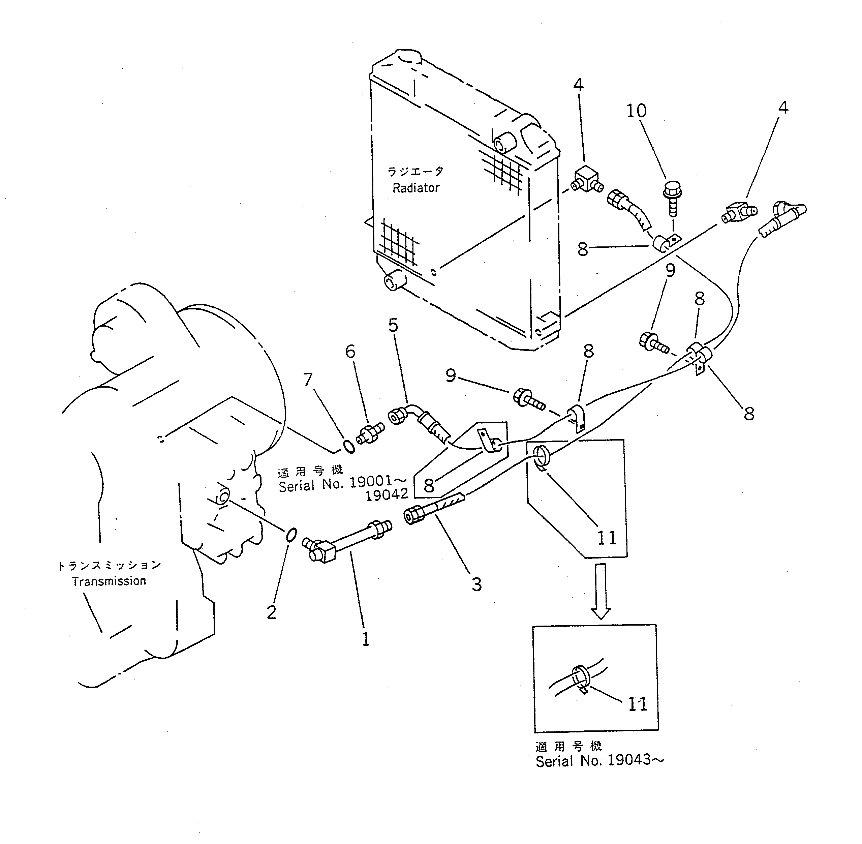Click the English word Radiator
(415, 188)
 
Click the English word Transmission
(109, 581)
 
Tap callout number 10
(636, 111)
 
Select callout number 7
(308, 380)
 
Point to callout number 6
(350, 352)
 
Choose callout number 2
(272, 612)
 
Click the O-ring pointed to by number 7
(349, 447)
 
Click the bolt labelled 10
(672, 197)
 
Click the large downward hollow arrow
(601, 591)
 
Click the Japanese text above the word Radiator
(415, 172)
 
